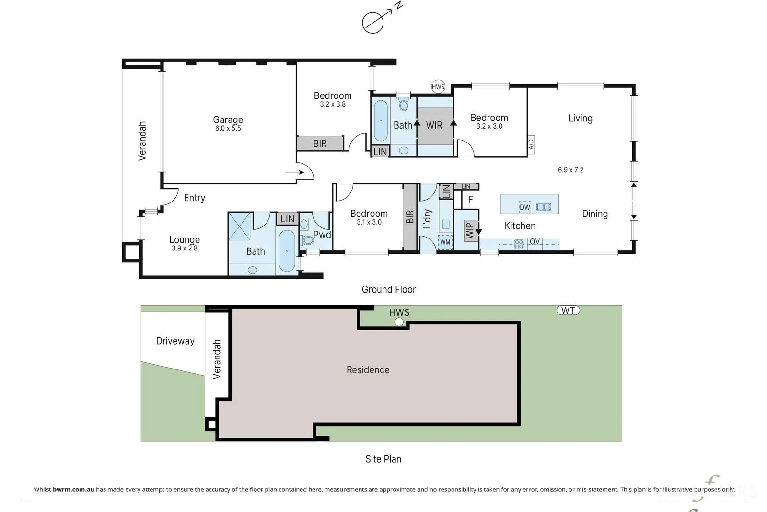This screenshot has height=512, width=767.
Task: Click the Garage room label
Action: pyautogui.click(x=228, y=119)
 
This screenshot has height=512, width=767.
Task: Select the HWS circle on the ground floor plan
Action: pyautogui.click(x=438, y=87)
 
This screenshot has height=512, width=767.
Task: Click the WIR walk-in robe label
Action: pyautogui.click(x=434, y=125)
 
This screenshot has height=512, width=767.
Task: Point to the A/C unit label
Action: pyautogui.click(x=531, y=145)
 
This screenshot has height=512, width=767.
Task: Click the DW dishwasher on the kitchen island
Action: pyautogui.click(x=525, y=207)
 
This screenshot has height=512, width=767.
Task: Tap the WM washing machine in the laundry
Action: pyautogui.click(x=445, y=242)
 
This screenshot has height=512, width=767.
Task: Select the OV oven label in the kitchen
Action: pyautogui.click(x=535, y=242)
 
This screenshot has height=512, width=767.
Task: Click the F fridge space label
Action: pyautogui.click(x=470, y=200)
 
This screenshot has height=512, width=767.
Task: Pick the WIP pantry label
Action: pyautogui.click(x=469, y=230)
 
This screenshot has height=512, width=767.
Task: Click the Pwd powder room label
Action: pyautogui.click(x=322, y=235)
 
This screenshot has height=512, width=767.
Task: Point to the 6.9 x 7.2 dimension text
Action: pyautogui.click(x=570, y=170)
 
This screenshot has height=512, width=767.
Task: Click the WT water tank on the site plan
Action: pyautogui.click(x=568, y=310)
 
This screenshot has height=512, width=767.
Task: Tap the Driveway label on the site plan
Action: pyautogui.click(x=175, y=341)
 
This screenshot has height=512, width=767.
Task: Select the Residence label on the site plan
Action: pyautogui.click(x=368, y=370)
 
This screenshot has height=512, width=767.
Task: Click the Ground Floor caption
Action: pyautogui.click(x=389, y=289)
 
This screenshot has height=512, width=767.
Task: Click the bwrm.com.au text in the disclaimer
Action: pyautogui.click(x=73, y=490)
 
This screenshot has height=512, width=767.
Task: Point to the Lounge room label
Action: pyautogui.click(x=184, y=239)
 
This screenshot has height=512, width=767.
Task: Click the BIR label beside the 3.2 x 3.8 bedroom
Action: pyautogui.click(x=320, y=143)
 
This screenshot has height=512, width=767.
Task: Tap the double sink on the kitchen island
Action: pyautogui.click(x=544, y=207)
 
